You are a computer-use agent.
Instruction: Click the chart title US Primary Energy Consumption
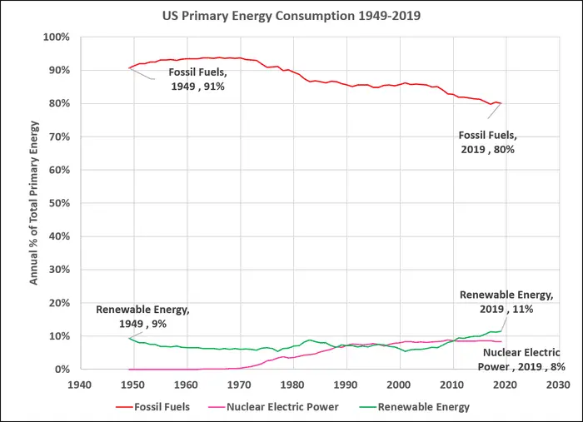[291, 16]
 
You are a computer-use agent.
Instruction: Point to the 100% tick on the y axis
[56, 37]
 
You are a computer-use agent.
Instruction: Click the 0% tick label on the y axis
[62, 370]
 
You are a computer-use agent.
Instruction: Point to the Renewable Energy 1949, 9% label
[142, 315]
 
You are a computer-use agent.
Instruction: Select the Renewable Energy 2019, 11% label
[506, 301]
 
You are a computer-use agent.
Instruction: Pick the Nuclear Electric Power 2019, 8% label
[522, 358]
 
